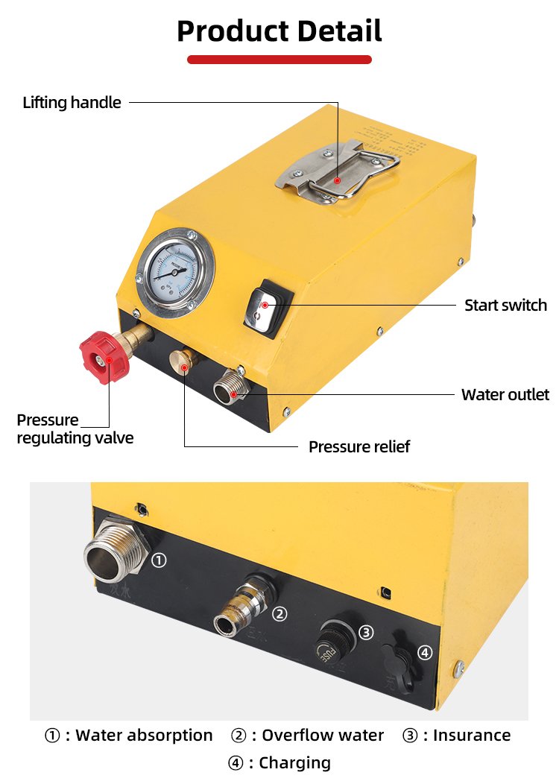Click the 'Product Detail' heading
click(x=279, y=31)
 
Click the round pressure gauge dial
click(x=176, y=268)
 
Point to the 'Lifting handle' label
click(x=72, y=103)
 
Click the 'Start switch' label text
click(x=505, y=305)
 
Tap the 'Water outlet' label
click(x=505, y=394)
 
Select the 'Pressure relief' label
click(x=359, y=446)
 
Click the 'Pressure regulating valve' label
click(x=75, y=429)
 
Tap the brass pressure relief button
click(x=181, y=363)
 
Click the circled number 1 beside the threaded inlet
click(x=159, y=560)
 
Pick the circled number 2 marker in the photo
click(x=280, y=613)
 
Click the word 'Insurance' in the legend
click(x=472, y=736)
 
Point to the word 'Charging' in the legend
click(x=295, y=763)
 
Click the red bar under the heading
click(x=279, y=59)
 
